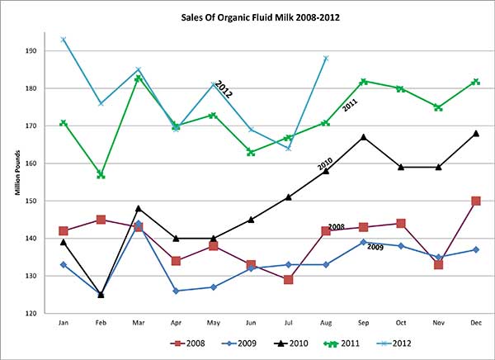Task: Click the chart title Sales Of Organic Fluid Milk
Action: coord(247,16)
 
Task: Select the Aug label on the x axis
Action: coord(326,324)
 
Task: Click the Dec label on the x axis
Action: coord(475,324)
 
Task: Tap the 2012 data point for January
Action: coord(63,40)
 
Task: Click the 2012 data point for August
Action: coord(326,59)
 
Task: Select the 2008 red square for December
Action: coord(475,201)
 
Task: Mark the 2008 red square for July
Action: coord(288,280)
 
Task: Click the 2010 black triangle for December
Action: coord(475,133)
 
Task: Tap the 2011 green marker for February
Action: coord(101,175)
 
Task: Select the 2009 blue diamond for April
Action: coord(176,291)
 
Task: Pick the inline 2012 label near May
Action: coord(224,88)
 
